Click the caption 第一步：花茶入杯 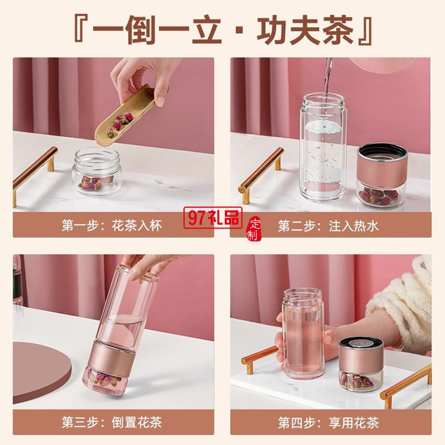click(x=112, y=225)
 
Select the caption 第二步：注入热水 click(x=328, y=226)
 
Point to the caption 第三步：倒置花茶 click(x=112, y=422)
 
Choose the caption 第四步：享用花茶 click(x=328, y=422)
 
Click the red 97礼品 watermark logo click(x=213, y=218)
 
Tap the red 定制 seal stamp click(x=253, y=229)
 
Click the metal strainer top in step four click(x=361, y=343)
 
